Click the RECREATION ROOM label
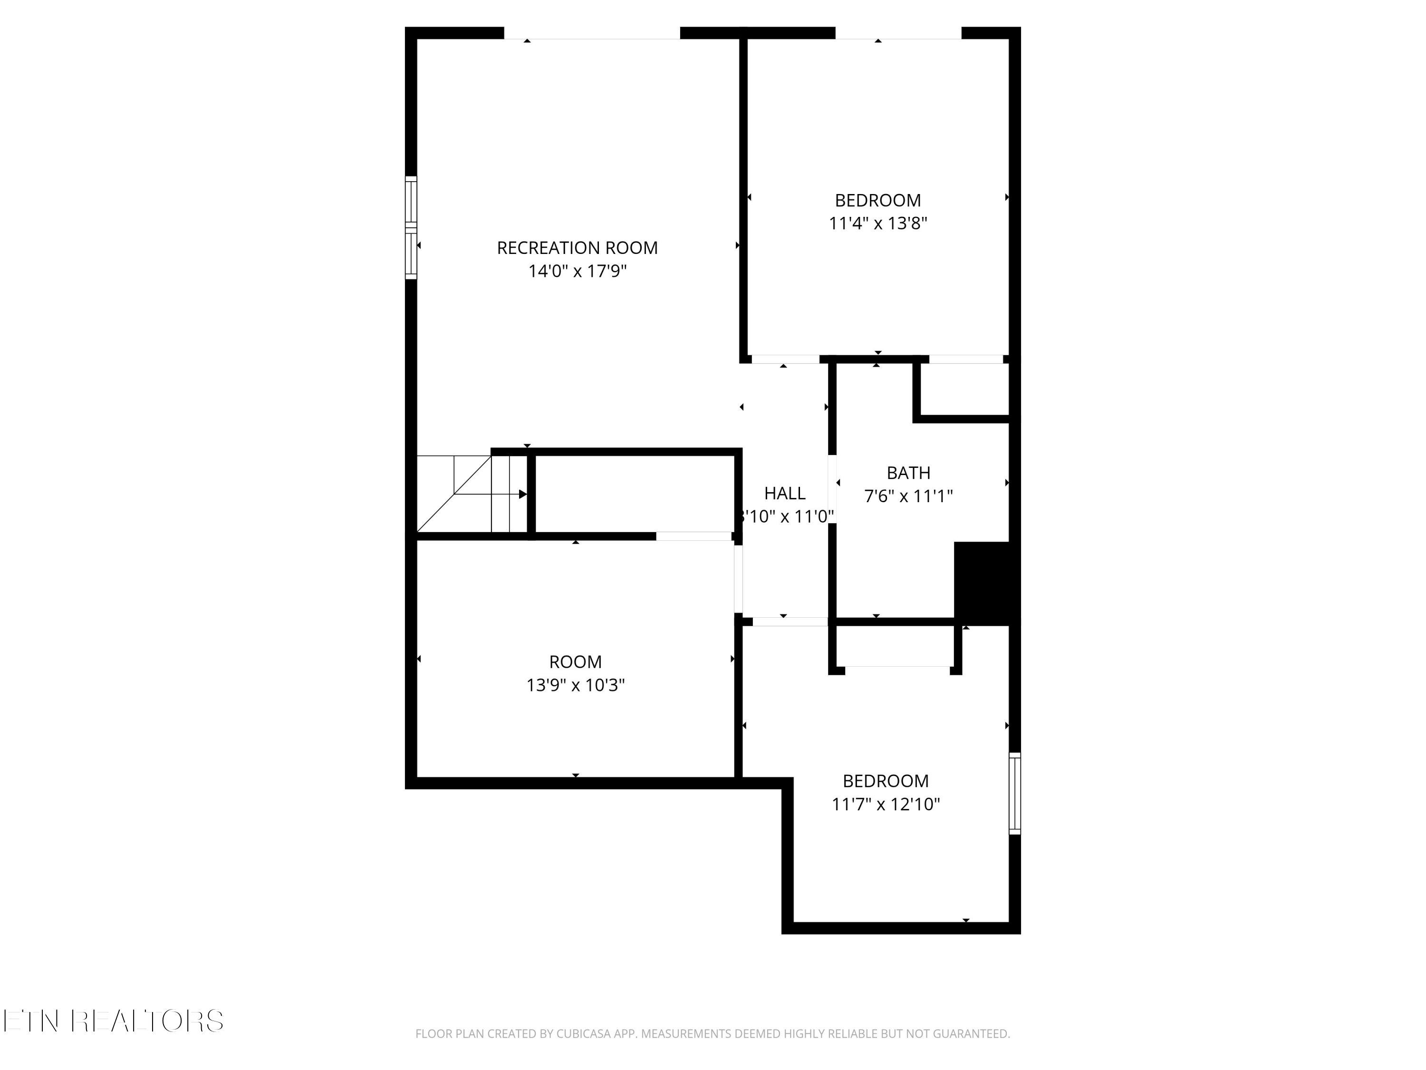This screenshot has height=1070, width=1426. point(577,248)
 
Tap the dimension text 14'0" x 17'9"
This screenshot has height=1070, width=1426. point(577,271)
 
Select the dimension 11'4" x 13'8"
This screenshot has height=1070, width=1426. point(877,223)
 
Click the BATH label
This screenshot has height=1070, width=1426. point(908,473)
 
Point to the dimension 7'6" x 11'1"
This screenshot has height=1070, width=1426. point(908,496)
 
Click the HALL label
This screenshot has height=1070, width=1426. point(785,494)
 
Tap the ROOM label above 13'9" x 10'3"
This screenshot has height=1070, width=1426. point(575,662)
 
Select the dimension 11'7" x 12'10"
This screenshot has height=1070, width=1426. point(885,804)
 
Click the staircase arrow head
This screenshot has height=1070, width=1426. point(523,494)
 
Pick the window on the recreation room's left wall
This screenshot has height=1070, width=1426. point(411,228)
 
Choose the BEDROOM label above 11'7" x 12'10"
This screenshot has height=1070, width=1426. point(885,781)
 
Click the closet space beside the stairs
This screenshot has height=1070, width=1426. point(635,494)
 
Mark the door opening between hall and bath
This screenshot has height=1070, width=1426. point(832,488)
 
